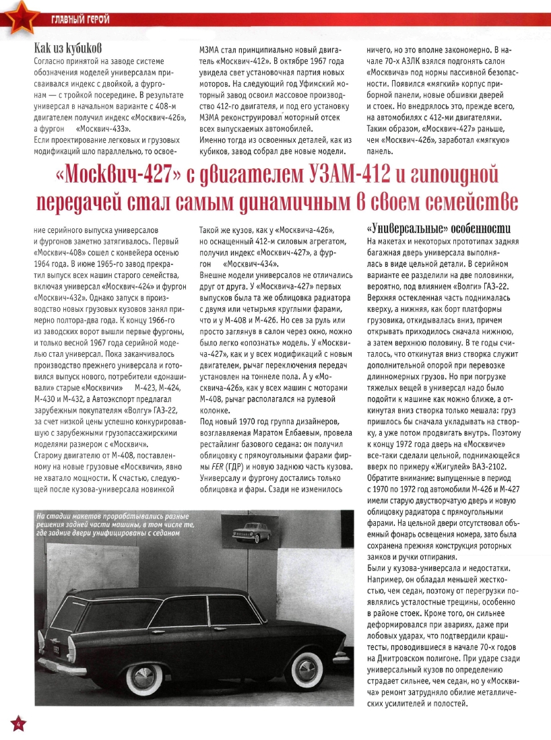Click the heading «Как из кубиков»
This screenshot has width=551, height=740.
(x=67, y=48)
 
